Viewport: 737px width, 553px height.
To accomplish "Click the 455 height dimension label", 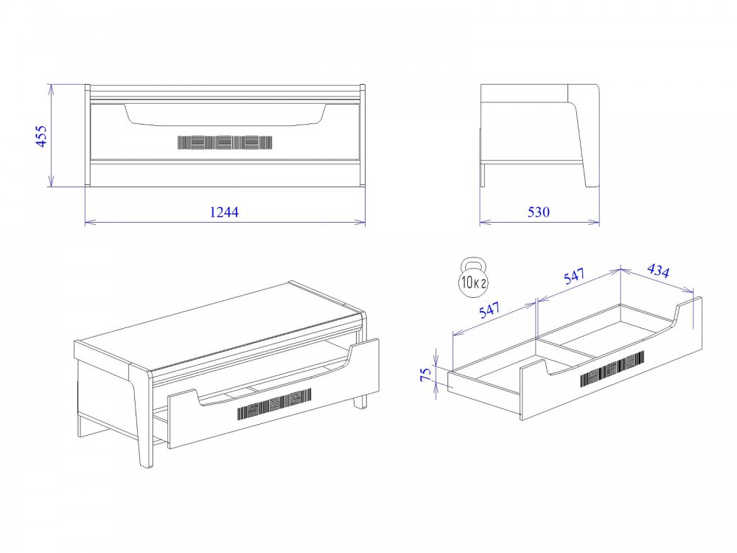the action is pyautogui.click(x=41, y=136).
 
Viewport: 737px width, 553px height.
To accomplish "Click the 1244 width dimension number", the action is pyautogui.click(x=224, y=212).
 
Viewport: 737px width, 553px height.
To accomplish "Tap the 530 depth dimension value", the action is pyautogui.click(x=538, y=212).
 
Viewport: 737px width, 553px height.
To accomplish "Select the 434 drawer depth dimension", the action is pyautogui.click(x=658, y=271).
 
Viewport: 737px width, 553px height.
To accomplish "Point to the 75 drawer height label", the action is pyautogui.click(x=425, y=374).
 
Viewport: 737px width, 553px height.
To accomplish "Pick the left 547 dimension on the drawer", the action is pyautogui.click(x=490, y=310).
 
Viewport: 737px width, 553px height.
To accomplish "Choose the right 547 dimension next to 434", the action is pyautogui.click(x=574, y=276).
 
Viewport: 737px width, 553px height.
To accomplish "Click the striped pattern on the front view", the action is pyautogui.click(x=225, y=142).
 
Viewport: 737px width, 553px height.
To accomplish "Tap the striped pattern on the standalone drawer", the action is pyautogui.click(x=612, y=369).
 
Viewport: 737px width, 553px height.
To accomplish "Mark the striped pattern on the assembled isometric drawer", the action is pyautogui.click(x=274, y=404).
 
